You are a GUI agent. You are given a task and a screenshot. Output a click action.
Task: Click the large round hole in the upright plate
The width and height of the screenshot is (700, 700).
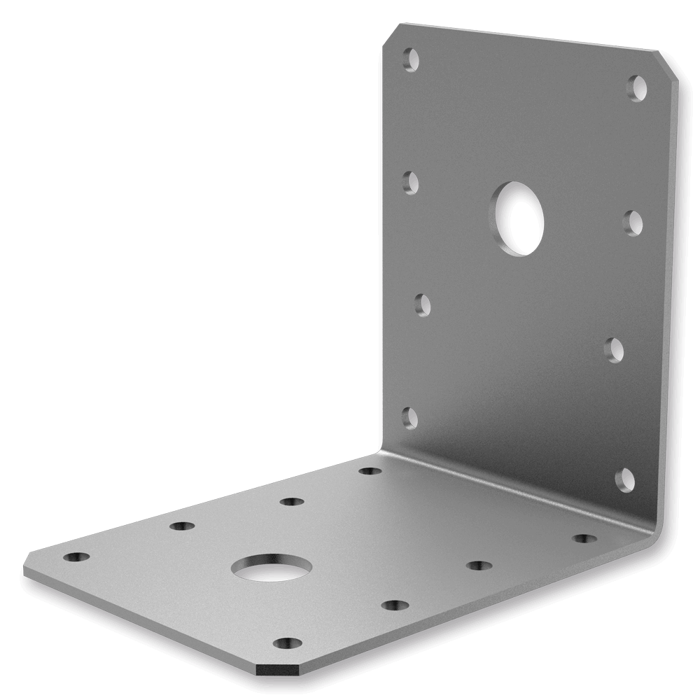click(x=519, y=218)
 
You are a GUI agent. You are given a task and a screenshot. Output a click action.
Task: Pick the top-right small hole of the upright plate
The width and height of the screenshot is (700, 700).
click(x=638, y=88)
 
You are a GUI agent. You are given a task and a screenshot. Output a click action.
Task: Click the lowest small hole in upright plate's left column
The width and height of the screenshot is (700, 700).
click(x=411, y=417)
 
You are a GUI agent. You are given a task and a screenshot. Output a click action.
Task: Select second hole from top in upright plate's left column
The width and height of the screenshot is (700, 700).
click(x=412, y=183)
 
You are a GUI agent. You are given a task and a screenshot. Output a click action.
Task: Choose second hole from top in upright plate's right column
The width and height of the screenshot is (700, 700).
click(x=633, y=222)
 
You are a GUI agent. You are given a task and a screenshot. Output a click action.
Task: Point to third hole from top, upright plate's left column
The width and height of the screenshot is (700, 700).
click(x=422, y=305)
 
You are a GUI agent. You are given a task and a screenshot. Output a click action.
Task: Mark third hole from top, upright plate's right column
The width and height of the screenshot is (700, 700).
click(x=615, y=349)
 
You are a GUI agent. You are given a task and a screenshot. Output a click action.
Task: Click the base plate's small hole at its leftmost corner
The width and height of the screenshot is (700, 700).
click(x=76, y=558)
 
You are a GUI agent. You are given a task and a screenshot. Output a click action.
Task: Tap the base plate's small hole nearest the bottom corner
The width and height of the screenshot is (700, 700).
click(x=288, y=643)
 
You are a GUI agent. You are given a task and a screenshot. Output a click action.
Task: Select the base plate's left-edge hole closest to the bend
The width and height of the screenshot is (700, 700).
click(x=370, y=470)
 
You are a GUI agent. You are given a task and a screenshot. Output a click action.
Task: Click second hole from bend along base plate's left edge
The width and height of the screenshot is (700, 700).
click(x=291, y=501)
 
